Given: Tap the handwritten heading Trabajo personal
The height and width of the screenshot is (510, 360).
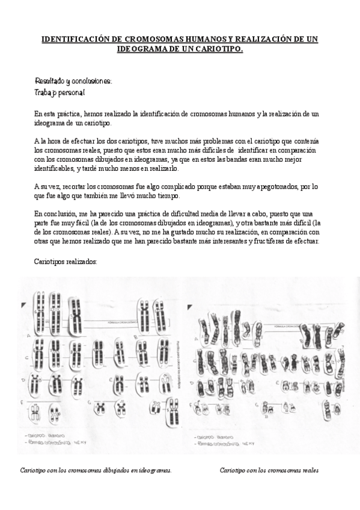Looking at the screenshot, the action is coord(59,93).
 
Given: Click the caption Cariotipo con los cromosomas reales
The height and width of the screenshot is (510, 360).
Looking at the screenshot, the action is coord(269,470).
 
